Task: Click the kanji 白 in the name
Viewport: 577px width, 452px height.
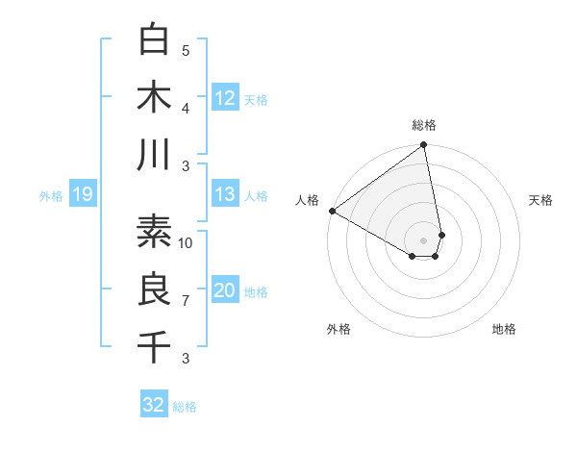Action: [154, 39]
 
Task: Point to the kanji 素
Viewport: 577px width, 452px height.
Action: [154, 231]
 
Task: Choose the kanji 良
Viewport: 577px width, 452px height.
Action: [154, 289]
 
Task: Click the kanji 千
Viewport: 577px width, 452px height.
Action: [154, 346]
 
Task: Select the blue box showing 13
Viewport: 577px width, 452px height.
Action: [225, 195]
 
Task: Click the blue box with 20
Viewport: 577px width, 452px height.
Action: [225, 291]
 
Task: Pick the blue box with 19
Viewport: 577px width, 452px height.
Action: [82, 195]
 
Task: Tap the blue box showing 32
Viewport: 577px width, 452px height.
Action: [154, 405]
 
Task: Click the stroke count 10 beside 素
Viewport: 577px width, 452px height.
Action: [186, 242]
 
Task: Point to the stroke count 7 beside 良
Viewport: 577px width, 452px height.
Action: [186, 301]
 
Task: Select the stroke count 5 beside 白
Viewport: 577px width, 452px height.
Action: [186, 50]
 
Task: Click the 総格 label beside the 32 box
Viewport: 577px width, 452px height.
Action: [185, 407]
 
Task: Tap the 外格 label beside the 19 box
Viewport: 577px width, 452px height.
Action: [51, 196]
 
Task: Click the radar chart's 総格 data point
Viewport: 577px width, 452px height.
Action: [423, 146]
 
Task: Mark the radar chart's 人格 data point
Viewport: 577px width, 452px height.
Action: [332, 211]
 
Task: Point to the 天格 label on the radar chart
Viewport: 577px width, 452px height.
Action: [540, 200]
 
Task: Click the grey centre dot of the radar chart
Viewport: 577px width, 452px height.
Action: [423, 239]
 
